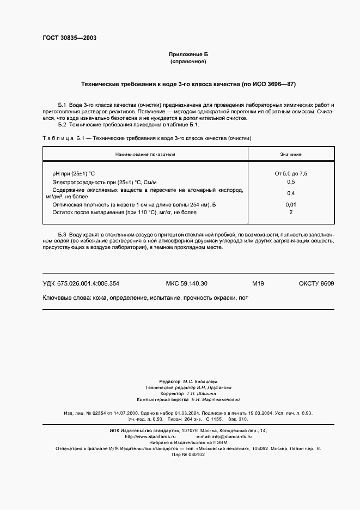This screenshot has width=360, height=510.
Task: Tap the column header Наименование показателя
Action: (x=145, y=154)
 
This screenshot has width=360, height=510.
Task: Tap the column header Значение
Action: (x=291, y=154)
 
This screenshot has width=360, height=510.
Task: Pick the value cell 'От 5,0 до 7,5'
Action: (x=291, y=173)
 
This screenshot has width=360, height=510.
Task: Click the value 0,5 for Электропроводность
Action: (x=291, y=181)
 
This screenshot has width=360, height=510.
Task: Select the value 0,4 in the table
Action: (x=291, y=193)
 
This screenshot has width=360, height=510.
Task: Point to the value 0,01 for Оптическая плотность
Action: (x=291, y=204)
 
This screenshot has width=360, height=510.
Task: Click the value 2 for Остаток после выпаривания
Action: (x=291, y=212)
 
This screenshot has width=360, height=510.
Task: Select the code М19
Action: (x=258, y=283)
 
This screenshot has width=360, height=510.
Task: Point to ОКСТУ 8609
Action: (x=316, y=283)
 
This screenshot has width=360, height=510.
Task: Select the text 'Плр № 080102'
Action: (x=188, y=454)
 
